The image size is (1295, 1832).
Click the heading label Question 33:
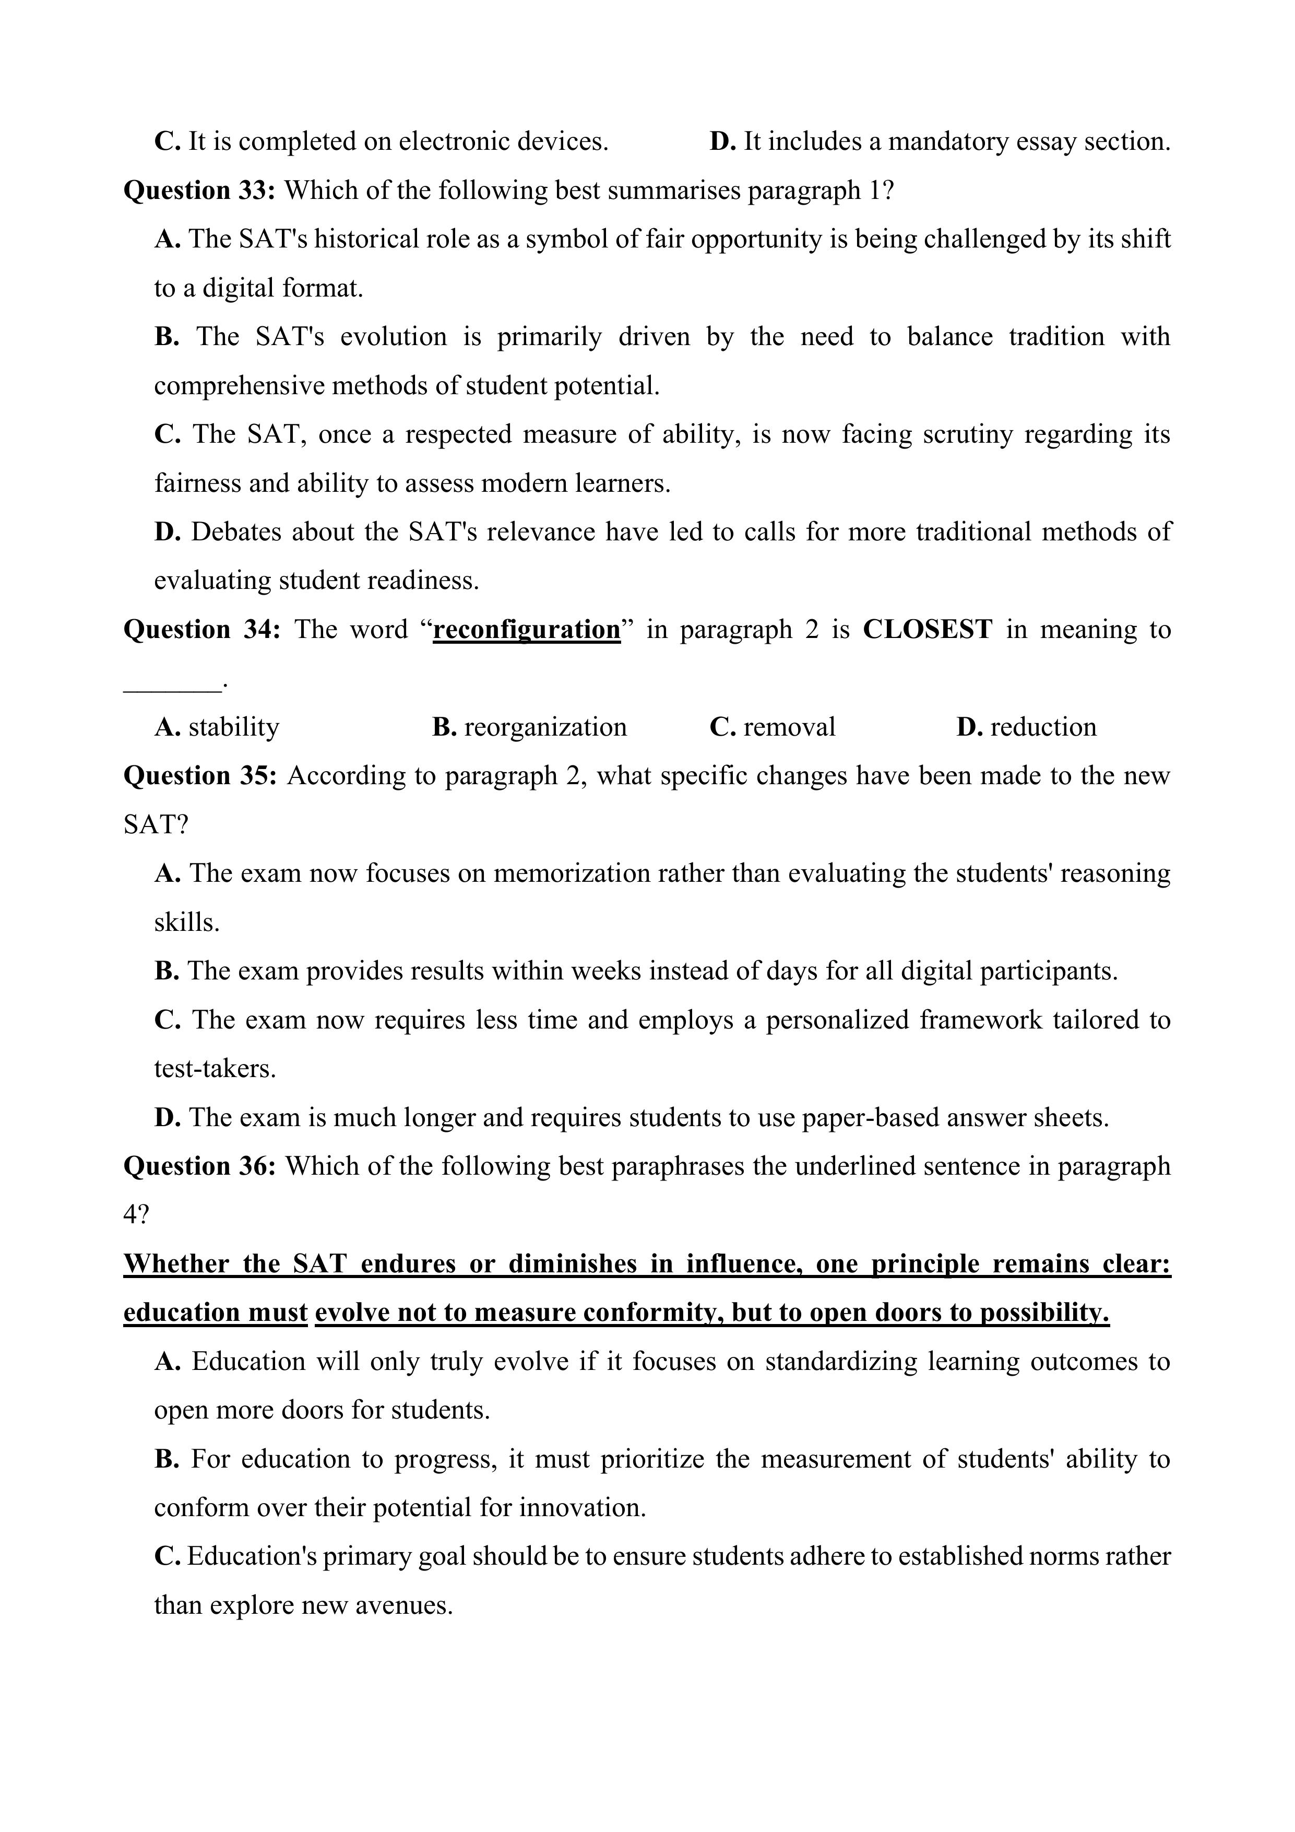tap(199, 191)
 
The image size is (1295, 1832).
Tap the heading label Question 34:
tap(201, 630)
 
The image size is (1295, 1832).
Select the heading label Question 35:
tap(199, 776)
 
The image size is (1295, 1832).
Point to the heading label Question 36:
tap(199, 1166)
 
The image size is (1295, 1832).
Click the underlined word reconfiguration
tap(527, 630)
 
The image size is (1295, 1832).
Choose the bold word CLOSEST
tap(927, 630)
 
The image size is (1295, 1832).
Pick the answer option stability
tap(234, 727)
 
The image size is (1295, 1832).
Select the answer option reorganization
tap(545, 727)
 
